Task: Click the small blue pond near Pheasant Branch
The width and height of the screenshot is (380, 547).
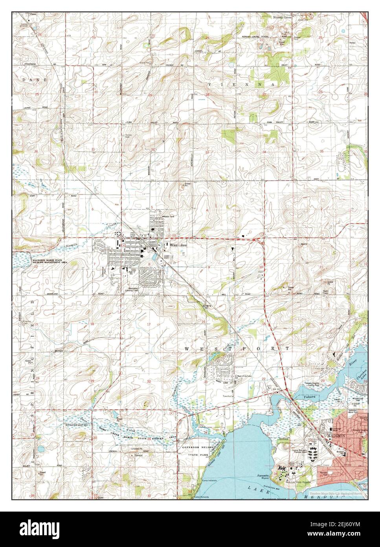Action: pyautogui.click(x=40, y=449)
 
